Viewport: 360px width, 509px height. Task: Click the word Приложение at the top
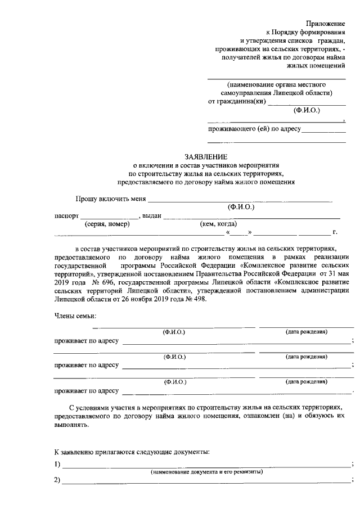(x=326, y=23)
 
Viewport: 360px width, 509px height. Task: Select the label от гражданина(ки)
(x=237, y=102)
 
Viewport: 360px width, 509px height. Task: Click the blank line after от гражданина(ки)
(x=307, y=103)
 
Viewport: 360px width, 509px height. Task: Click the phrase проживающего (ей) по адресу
(x=254, y=129)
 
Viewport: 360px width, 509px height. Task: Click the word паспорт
(x=66, y=216)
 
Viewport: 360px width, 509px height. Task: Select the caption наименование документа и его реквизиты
(x=206, y=472)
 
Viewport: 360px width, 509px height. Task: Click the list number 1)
(x=57, y=465)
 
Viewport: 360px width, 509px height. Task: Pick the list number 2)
(x=57, y=481)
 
